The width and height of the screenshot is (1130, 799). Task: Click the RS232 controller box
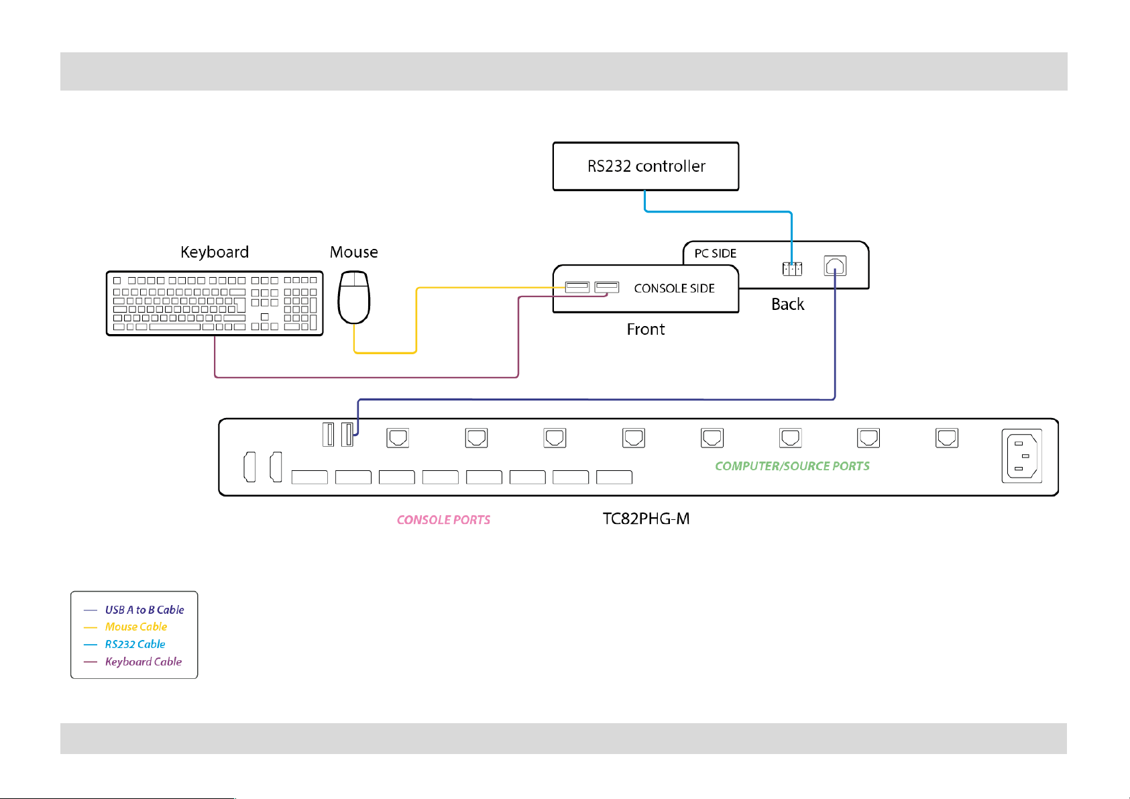pos(645,166)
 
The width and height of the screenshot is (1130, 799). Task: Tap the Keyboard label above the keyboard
pos(215,252)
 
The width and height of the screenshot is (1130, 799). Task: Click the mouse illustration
pos(354,297)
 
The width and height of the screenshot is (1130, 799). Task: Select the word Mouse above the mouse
pos(353,252)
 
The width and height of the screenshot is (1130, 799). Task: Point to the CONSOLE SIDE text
pos(674,288)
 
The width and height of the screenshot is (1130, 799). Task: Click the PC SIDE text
pos(715,254)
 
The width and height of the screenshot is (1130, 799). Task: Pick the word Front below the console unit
pos(645,329)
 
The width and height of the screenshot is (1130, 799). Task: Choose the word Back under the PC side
pos(787,305)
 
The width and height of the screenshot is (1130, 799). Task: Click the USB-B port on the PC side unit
pos(835,266)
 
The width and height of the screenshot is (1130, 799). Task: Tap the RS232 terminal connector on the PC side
pos(792,268)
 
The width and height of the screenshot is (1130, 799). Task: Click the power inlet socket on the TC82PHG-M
pos(1021,456)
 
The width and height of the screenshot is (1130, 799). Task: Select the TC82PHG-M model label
pos(646,519)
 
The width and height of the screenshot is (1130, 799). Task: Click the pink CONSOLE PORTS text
pos(443,520)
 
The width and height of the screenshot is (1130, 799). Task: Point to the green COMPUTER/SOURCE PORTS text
pos(792,466)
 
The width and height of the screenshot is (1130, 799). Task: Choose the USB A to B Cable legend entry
pos(144,610)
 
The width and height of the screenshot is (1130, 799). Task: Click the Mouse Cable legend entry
pos(135,627)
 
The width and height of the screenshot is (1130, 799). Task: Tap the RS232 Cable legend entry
pos(135,644)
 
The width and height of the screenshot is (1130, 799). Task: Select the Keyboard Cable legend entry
pos(143,661)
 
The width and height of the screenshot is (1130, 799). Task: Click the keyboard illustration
pos(215,303)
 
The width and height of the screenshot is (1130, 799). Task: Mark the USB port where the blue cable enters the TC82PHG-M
pos(347,435)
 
